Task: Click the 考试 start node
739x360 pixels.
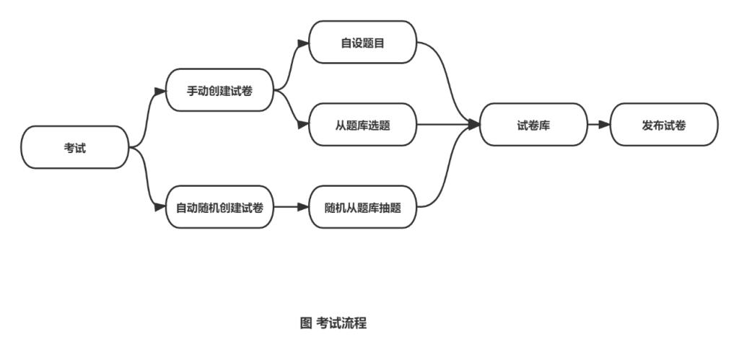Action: (x=75, y=147)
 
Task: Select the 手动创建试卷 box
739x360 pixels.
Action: (x=220, y=90)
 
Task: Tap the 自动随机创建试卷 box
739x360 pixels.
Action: (x=220, y=207)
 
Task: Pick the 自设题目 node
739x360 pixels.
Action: (x=363, y=43)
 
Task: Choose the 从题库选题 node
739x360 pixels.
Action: (x=363, y=125)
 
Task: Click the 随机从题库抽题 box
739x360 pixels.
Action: (x=363, y=207)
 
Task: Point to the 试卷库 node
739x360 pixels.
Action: (x=533, y=125)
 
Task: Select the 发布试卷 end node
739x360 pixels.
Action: (x=664, y=125)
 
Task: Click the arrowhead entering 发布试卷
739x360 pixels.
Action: (x=605, y=125)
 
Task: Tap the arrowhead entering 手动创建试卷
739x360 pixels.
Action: (x=160, y=91)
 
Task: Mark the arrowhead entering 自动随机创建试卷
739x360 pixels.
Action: (x=160, y=207)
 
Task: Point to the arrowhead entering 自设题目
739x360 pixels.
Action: (x=303, y=43)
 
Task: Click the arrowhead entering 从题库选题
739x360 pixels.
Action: (x=303, y=125)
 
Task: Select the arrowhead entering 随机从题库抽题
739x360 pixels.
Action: (x=303, y=207)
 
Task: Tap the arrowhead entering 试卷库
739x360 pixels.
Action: (x=474, y=125)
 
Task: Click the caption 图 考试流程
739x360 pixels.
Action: (x=333, y=323)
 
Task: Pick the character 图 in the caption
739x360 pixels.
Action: (x=305, y=323)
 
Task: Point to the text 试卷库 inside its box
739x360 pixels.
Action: (x=533, y=125)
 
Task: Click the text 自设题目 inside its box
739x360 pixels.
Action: (x=363, y=43)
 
